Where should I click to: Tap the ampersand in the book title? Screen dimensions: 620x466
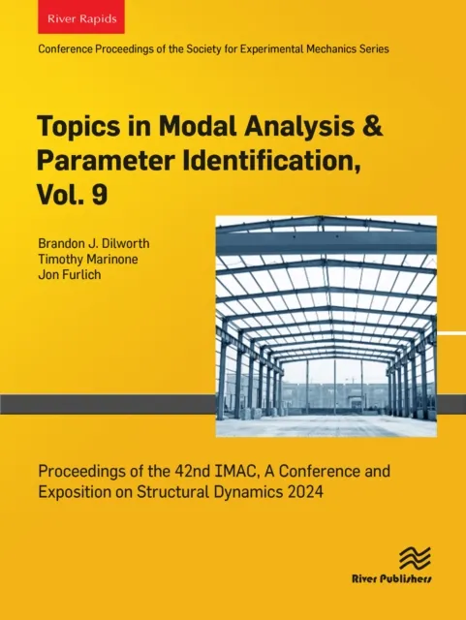(x=338, y=128)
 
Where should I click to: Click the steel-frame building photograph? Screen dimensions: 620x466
(x=326, y=325)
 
